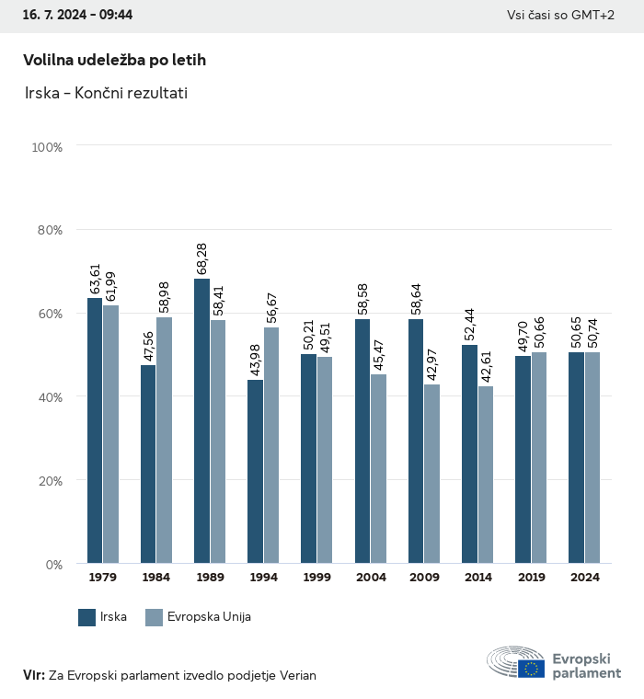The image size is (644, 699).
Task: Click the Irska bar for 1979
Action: pyautogui.click(x=95, y=430)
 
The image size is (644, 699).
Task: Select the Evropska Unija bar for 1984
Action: pyautogui.click(x=164, y=440)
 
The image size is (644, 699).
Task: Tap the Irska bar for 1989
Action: pyautogui.click(x=201, y=420)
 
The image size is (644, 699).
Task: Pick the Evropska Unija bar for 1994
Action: pyautogui.click(x=271, y=445)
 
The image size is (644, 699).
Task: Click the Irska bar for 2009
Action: pyautogui.click(x=416, y=441)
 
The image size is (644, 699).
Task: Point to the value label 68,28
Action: pyautogui.click(x=202, y=258)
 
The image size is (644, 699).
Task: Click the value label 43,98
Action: pyautogui.click(x=256, y=360)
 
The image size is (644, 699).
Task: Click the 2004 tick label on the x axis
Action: pyautogui.click(x=371, y=578)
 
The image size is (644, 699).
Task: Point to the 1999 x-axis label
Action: pyautogui.click(x=317, y=578)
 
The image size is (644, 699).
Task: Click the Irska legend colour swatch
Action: pyautogui.click(x=87, y=617)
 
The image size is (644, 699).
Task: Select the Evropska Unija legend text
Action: pyautogui.click(x=209, y=617)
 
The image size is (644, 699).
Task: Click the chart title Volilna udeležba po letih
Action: pyautogui.click(x=114, y=60)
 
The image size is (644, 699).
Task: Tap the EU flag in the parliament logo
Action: pyautogui.click(x=531, y=668)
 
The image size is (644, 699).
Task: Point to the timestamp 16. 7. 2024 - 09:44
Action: pyautogui.click(x=78, y=16)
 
